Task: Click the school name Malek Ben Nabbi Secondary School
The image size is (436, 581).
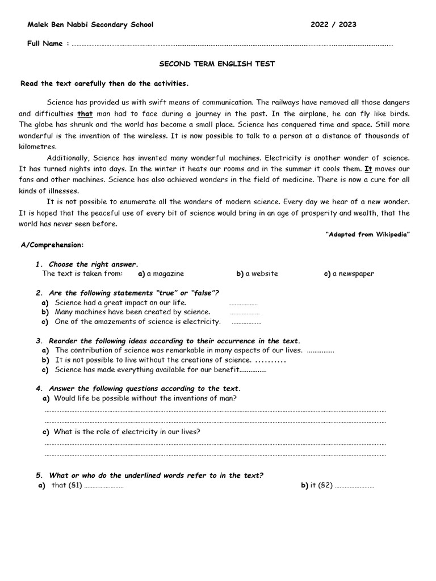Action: (x=90, y=24)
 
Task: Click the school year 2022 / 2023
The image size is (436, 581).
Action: (x=333, y=24)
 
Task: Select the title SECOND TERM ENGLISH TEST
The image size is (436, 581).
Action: (x=217, y=64)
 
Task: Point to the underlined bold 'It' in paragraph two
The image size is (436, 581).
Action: (x=368, y=169)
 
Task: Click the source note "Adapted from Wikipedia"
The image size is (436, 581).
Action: (x=368, y=234)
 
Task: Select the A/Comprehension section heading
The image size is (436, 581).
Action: (x=52, y=245)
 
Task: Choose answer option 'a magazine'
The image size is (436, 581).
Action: (x=161, y=273)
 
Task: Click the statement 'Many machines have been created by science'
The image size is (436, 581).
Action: (x=132, y=312)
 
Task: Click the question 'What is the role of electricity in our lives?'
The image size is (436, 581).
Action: (x=127, y=432)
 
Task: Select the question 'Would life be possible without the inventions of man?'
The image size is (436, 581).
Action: (x=145, y=398)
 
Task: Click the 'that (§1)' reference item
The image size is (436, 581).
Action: (x=66, y=486)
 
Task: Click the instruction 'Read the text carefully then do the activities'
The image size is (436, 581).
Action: (x=104, y=83)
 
